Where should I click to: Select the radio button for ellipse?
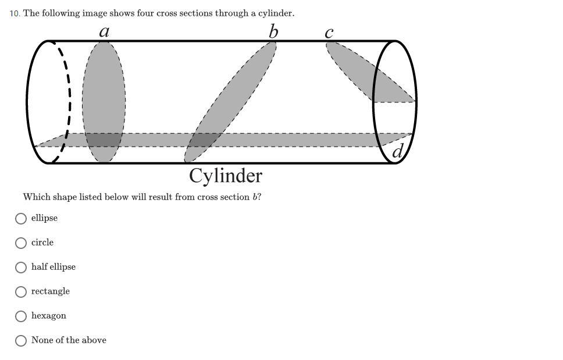(21, 218)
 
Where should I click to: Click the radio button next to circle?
(21, 243)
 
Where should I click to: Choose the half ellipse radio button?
(21, 267)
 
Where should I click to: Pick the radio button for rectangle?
(21, 291)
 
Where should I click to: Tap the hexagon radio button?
(21, 316)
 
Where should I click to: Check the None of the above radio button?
(21, 340)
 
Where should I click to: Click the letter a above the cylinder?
(104, 31)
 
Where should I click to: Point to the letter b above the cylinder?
(273, 31)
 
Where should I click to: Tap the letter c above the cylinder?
(329, 33)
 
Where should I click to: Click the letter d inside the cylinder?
(398, 151)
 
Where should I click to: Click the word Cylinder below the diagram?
(226, 176)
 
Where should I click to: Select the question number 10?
(15, 13)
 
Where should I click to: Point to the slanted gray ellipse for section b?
(230, 102)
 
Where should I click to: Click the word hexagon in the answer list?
(48, 316)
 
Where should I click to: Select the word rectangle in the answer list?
(50, 291)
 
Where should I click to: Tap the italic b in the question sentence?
(255, 197)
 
